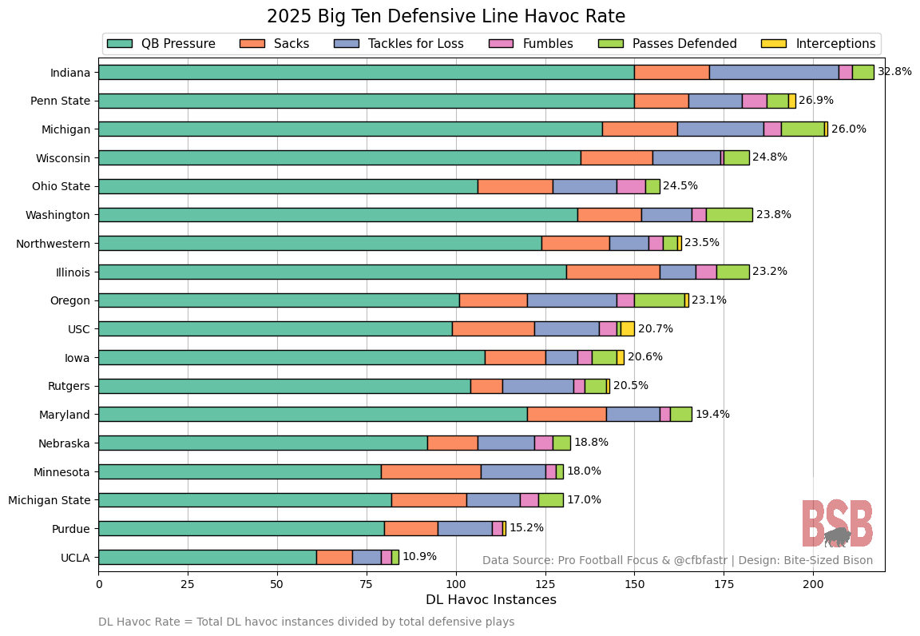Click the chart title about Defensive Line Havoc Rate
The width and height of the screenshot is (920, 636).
click(446, 17)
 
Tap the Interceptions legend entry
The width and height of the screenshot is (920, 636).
click(820, 43)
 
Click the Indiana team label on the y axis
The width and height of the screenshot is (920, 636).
click(69, 72)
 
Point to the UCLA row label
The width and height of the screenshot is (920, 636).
click(74, 557)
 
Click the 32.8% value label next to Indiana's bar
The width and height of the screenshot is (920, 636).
click(894, 72)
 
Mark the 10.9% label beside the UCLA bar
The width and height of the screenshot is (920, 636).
click(419, 557)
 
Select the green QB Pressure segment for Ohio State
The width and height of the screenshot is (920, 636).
click(287, 186)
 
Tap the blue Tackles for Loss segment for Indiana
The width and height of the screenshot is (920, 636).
click(774, 72)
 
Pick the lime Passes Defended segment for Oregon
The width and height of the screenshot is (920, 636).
click(659, 300)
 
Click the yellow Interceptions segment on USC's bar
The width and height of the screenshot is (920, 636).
click(628, 328)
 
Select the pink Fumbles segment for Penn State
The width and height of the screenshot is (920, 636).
click(754, 101)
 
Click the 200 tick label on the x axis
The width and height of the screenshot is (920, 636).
click(813, 584)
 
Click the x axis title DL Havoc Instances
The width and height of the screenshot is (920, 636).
click(490, 599)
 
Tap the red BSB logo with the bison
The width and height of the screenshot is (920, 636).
click(837, 523)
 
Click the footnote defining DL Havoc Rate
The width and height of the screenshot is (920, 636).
click(306, 622)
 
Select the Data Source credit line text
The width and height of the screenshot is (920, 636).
click(677, 561)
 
